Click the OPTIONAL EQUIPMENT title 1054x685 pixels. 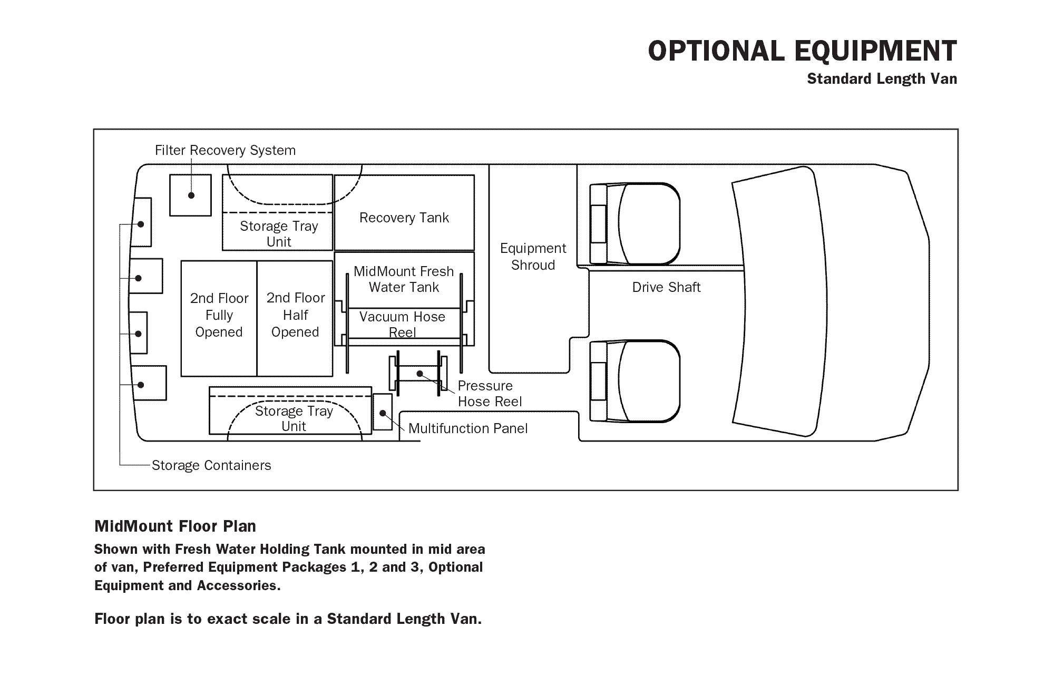802,51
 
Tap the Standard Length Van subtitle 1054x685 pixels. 882,79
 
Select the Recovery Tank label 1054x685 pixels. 404,218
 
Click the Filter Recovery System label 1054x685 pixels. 225,151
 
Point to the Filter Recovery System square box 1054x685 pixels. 190,195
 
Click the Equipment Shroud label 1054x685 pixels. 533,257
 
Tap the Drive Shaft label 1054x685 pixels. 666,287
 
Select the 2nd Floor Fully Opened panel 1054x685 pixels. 219,318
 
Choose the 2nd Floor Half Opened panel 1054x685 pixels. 295,318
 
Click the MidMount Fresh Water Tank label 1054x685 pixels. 404,279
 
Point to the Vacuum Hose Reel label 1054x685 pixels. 402,324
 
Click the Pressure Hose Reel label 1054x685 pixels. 490,394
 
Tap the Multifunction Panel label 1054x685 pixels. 468,428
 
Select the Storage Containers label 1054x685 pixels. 211,465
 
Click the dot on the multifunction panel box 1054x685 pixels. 383,413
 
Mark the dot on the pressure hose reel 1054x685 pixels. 419,374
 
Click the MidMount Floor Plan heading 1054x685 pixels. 175,526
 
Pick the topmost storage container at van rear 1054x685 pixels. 142,222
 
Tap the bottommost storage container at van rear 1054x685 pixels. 149,383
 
